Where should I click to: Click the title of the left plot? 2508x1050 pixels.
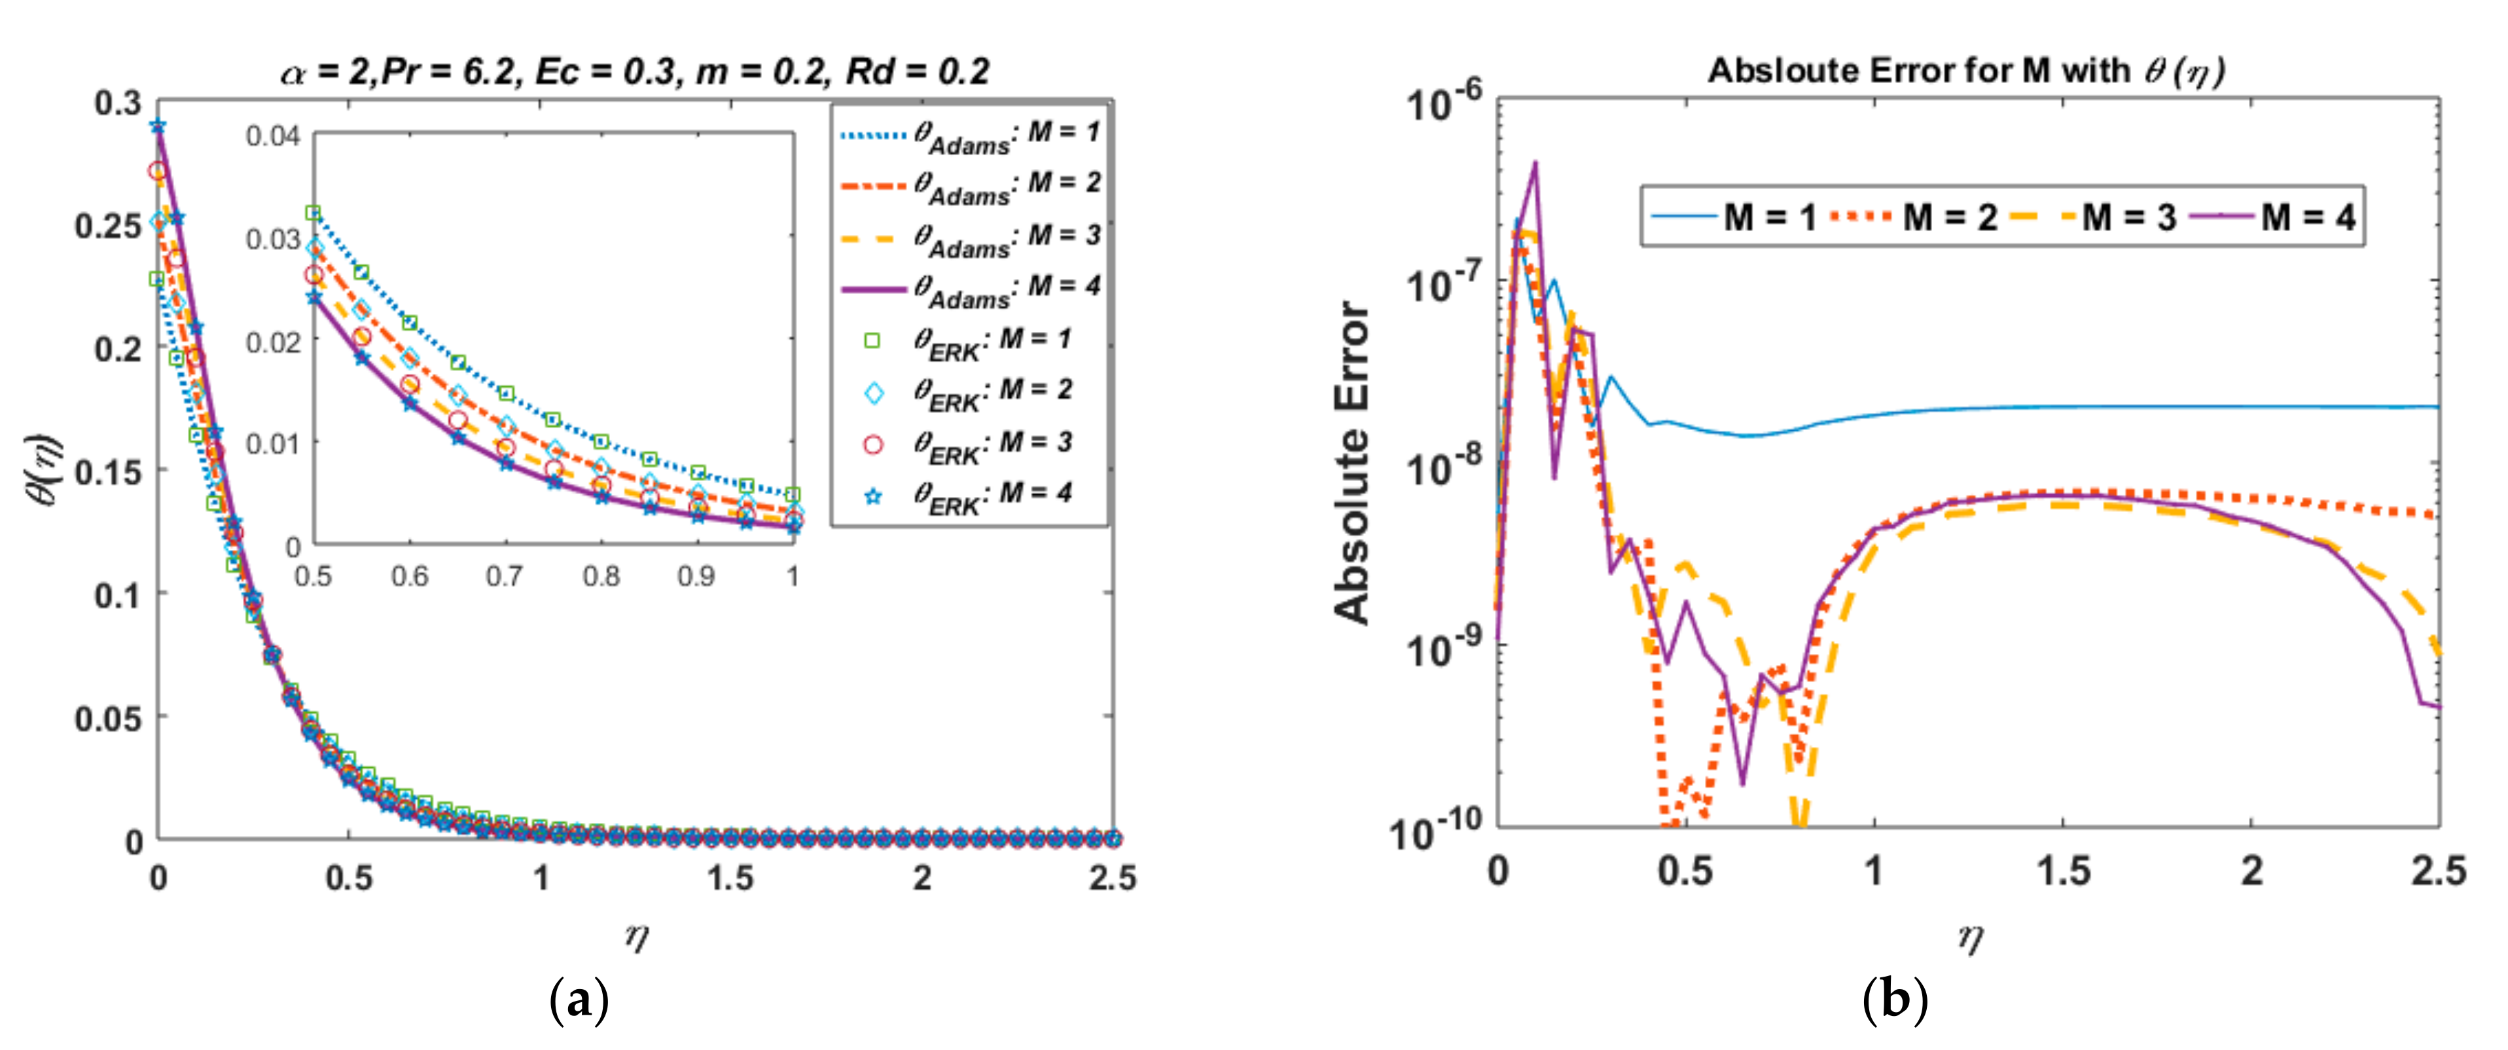point(635,71)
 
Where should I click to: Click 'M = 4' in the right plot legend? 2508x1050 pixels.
point(2308,216)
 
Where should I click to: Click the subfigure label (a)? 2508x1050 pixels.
point(579,1000)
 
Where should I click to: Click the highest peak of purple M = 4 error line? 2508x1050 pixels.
point(1535,162)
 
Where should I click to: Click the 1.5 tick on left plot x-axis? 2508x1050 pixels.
point(730,878)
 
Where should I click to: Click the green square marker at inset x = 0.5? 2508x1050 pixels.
point(313,212)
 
